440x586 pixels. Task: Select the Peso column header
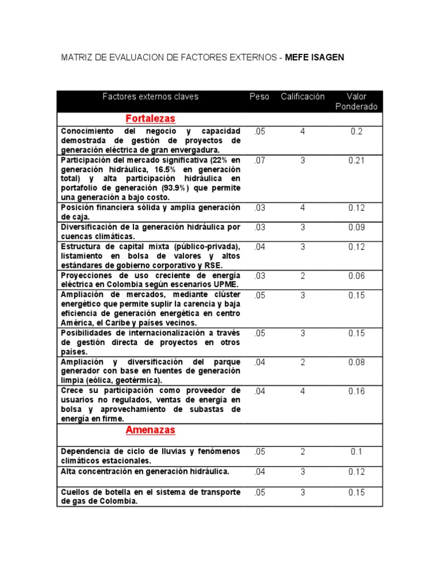pyautogui.click(x=259, y=97)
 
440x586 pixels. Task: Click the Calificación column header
pyautogui.click(x=302, y=97)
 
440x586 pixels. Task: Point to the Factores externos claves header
pyautogui.click(x=150, y=97)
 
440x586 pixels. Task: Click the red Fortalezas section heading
pyautogui.click(x=150, y=118)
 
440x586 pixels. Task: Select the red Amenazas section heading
pyautogui.click(x=150, y=430)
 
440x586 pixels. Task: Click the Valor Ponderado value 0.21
pyautogui.click(x=357, y=160)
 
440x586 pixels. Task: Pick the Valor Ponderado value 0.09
pyautogui.click(x=357, y=227)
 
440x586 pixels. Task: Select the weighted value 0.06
pyautogui.click(x=357, y=275)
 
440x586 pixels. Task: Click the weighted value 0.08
pyautogui.click(x=357, y=362)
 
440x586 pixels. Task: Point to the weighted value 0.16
pyautogui.click(x=357, y=391)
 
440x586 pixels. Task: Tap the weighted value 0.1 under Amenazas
pyautogui.click(x=357, y=452)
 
